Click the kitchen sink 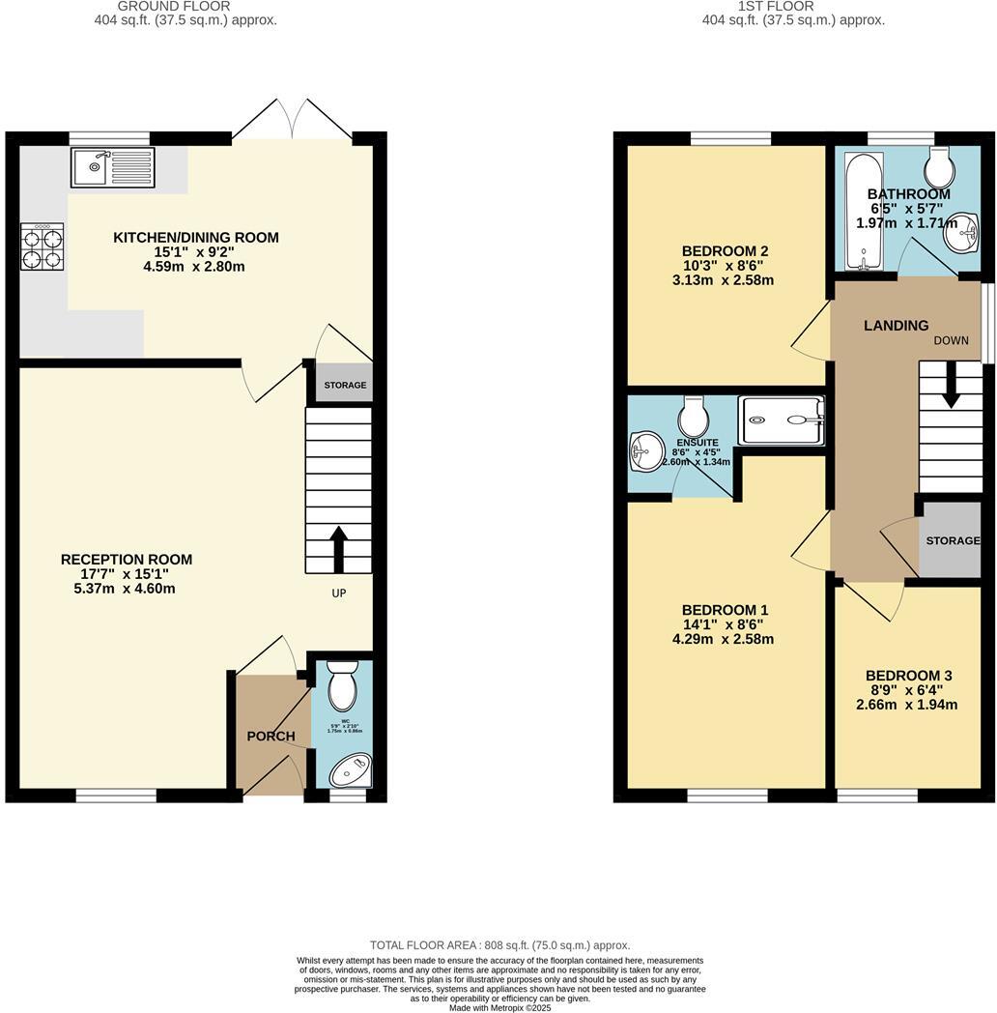coord(112,167)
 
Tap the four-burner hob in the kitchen coord(43,246)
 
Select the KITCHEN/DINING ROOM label coord(196,238)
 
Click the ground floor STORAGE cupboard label coord(345,386)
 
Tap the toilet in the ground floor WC coord(342,686)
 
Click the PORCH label coord(271,737)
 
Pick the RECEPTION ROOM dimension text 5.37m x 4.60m coord(126,589)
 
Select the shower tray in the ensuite coord(781,420)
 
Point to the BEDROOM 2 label coord(725,251)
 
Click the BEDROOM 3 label coord(908,676)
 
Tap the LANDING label coord(896,326)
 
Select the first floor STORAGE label coord(953,540)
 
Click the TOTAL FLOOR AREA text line coord(499,945)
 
